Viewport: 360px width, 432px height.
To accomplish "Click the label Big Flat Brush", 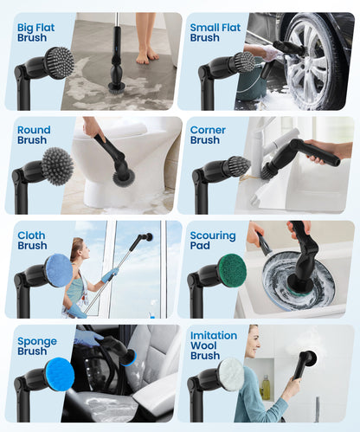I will tap(35, 32).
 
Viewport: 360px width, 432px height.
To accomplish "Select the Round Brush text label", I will tap(33, 135).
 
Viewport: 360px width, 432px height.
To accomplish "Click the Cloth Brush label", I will tap(32, 240).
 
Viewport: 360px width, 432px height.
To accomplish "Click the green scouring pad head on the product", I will tap(231, 271).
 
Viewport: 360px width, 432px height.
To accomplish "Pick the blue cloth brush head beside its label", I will tap(59, 270).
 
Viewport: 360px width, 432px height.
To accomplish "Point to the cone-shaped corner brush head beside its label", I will tap(236, 165).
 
